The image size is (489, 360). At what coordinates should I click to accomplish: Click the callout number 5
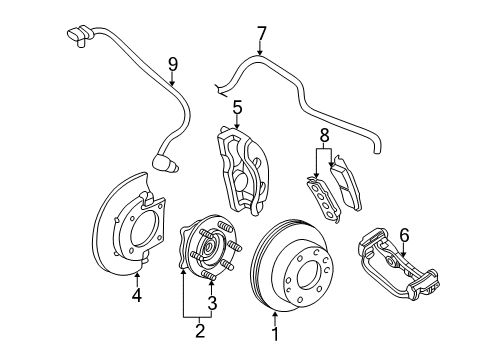click(x=238, y=107)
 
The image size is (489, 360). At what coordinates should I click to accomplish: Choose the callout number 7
click(x=261, y=33)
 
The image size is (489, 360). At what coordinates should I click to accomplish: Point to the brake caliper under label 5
click(x=245, y=165)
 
